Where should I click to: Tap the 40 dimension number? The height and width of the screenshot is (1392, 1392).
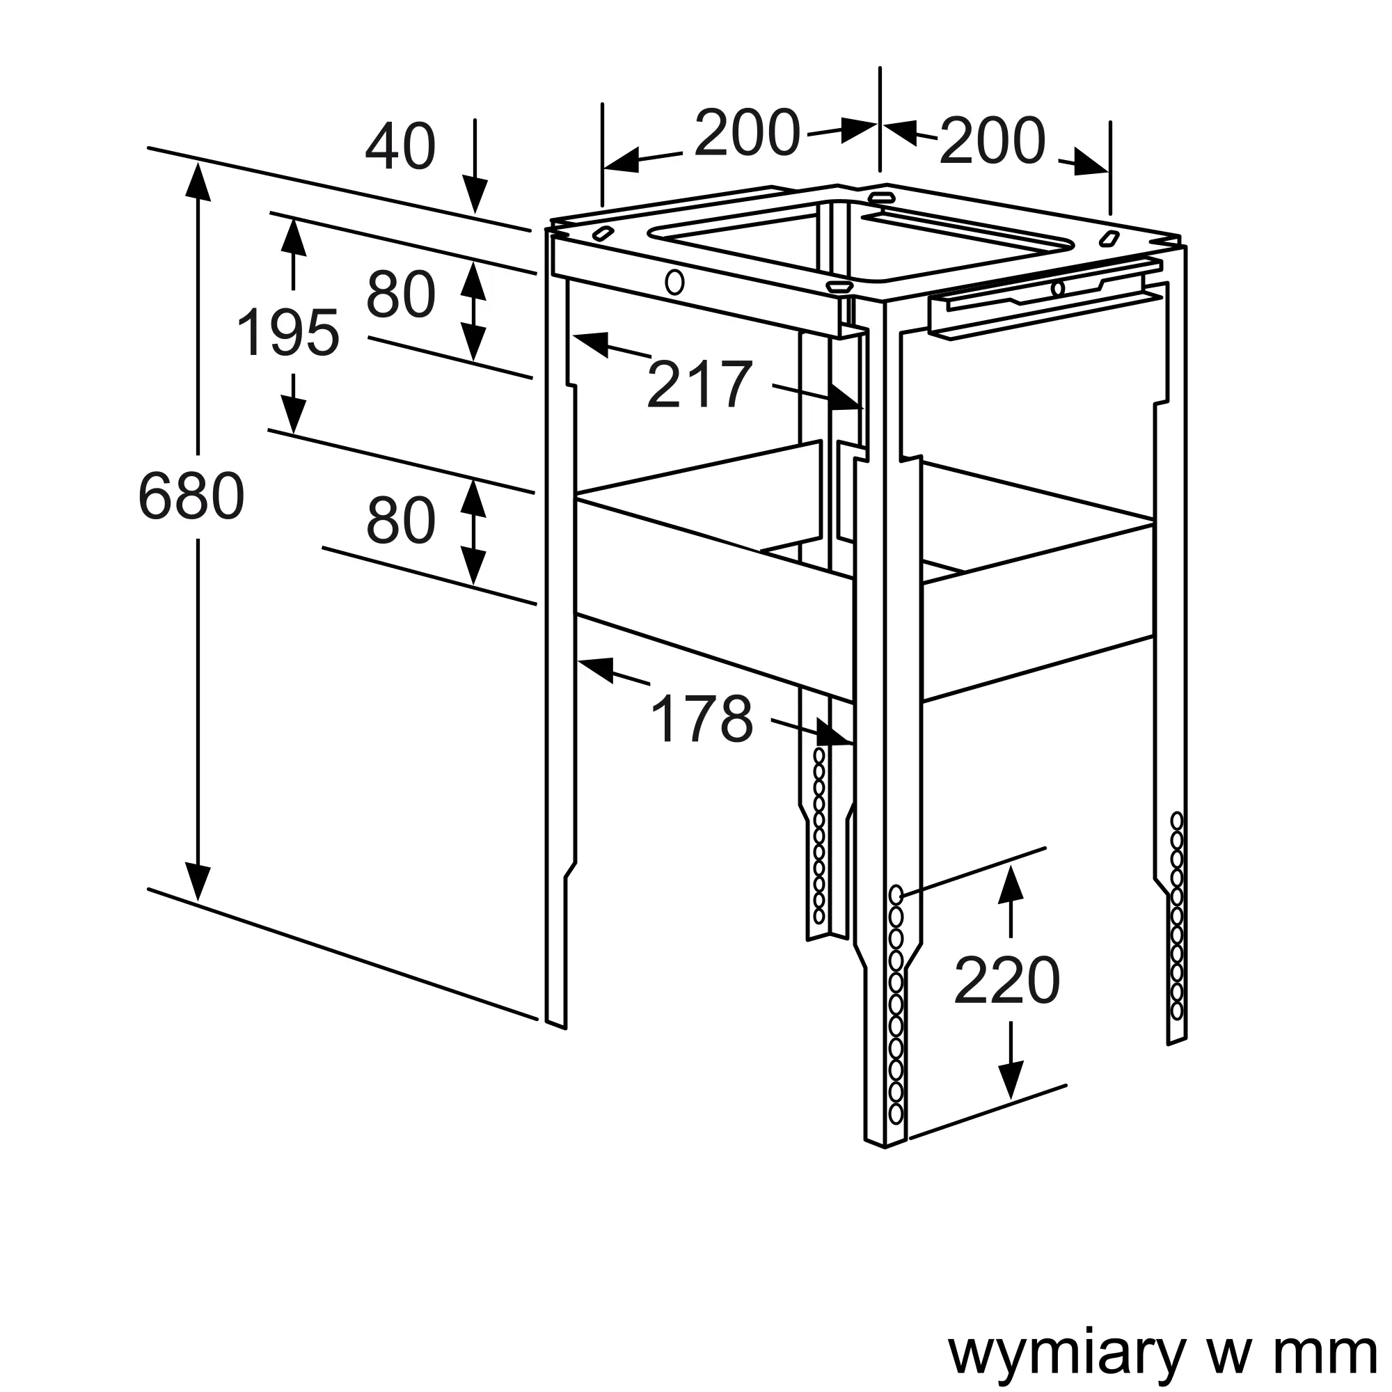pyautogui.click(x=401, y=146)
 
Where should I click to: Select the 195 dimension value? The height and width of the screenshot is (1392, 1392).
pyautogui.click(x=288, y=333)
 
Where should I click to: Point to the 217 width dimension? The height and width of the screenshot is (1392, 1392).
pyautogui.click(x=699, y=385)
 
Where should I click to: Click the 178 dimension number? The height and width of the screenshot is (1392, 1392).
pyautogui.click(x=701, y=719)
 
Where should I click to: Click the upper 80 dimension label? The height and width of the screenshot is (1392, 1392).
pyautogui.click(x=401, y=294)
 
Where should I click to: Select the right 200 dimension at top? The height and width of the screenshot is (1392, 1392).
pyautogui.click(x=992, y=141)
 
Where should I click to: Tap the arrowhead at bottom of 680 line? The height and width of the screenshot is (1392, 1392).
pyautogui.click(x=198, y=882)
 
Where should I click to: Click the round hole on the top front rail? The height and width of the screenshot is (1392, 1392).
pyautogui.click(x=674, y=282)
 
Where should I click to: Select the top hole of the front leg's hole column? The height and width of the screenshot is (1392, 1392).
pyautogui.click(x=896, y=895)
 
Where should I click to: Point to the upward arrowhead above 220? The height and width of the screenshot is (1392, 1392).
pyautogui.click(x=1011, y=885)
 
